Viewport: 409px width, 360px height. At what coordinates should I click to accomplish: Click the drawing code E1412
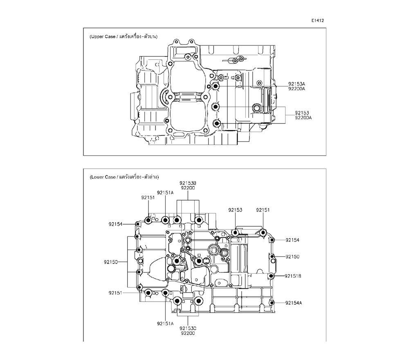point(317,20)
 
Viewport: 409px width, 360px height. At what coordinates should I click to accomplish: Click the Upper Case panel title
point(124,36)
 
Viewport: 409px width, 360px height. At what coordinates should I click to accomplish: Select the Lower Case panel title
point(124,177)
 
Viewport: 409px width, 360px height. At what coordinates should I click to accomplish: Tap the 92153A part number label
point(297,84)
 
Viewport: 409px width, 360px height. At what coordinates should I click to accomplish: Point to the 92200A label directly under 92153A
point(297,89)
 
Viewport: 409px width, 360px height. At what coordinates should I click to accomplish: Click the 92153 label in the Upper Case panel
point(302,112)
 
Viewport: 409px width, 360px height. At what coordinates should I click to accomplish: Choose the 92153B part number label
point(188,183)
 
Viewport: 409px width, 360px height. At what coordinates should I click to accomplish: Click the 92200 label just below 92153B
point(188,188)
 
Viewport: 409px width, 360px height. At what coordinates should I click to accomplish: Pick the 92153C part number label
point(188,328)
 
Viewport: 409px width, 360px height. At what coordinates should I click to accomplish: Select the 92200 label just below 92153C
point(188,333)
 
